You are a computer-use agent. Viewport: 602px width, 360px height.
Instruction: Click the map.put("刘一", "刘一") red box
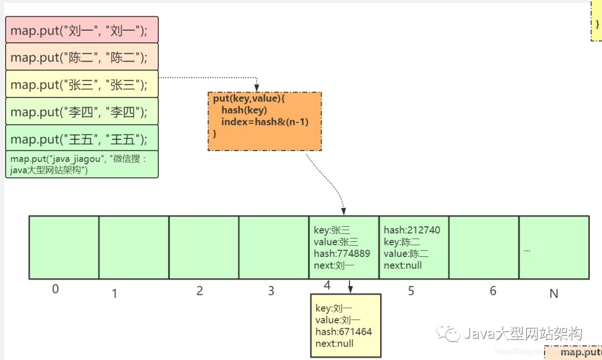(x=82, y=30)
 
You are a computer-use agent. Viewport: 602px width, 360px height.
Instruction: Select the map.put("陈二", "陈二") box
(x=82, y=57)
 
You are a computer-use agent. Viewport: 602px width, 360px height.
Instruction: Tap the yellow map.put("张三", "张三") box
(x=82, y=84)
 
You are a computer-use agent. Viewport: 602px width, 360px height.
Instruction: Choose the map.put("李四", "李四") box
(x=82, y=111)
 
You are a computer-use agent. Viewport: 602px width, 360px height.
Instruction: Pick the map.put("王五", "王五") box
(x=82, y=138)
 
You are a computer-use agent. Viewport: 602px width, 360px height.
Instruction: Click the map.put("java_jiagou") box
(x=82, y=164)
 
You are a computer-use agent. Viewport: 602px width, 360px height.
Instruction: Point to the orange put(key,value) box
(x=265, y=121)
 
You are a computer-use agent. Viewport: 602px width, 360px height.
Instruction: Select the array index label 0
(x=55, y=289)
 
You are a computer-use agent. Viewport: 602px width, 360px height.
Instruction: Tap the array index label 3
(x=271, y=291)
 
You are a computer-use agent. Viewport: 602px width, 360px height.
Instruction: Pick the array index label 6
(x=493, y=290)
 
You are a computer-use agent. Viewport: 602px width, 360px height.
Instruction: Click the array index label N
(x=554, y=294)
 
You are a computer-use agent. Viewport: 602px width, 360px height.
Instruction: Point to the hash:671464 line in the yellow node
(x=343, y=332)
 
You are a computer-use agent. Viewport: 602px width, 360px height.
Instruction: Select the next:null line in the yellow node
(x=334, y=343)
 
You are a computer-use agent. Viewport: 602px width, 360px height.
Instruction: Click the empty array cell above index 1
(x=134, y=247)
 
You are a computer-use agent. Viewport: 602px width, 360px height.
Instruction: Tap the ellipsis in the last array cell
(x=527, y=249)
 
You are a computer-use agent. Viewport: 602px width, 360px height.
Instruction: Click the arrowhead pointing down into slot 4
(x=344, y=212)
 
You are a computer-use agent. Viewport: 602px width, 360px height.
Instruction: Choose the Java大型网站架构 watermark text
(x=523, y=334)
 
